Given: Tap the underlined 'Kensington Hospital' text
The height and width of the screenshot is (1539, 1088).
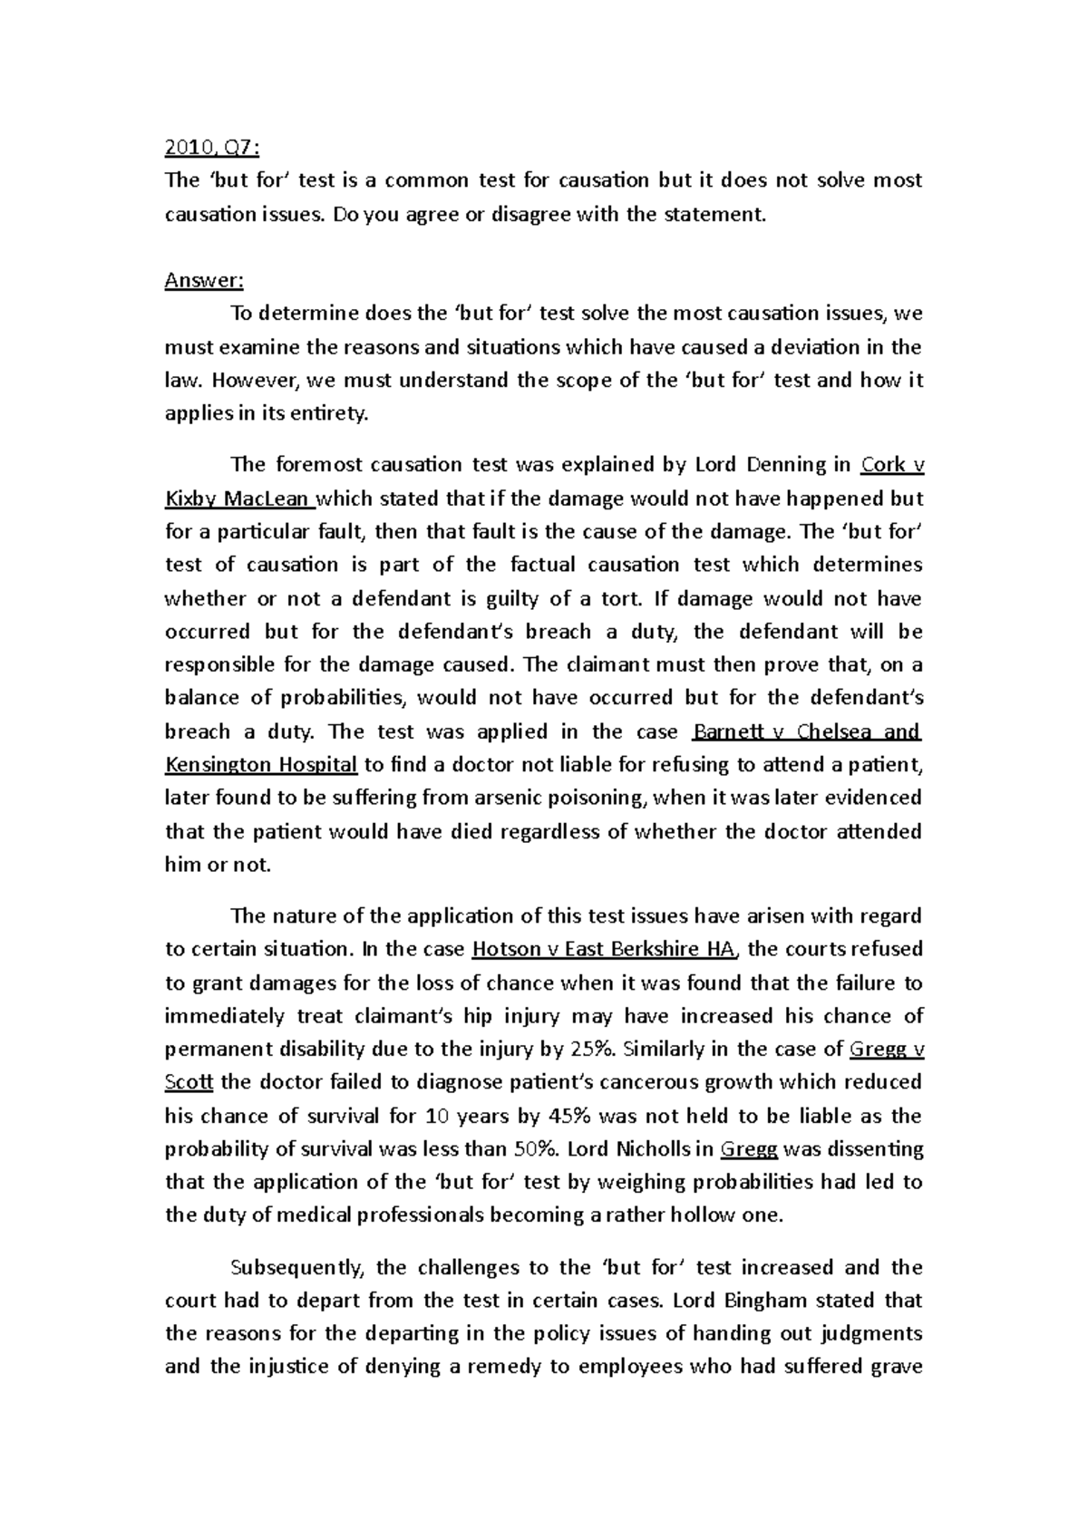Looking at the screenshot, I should pos(261,765).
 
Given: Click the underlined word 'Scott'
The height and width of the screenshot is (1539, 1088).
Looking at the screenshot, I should pos(189,1082).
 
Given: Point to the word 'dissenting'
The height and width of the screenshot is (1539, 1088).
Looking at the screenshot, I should pos(868,1149).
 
